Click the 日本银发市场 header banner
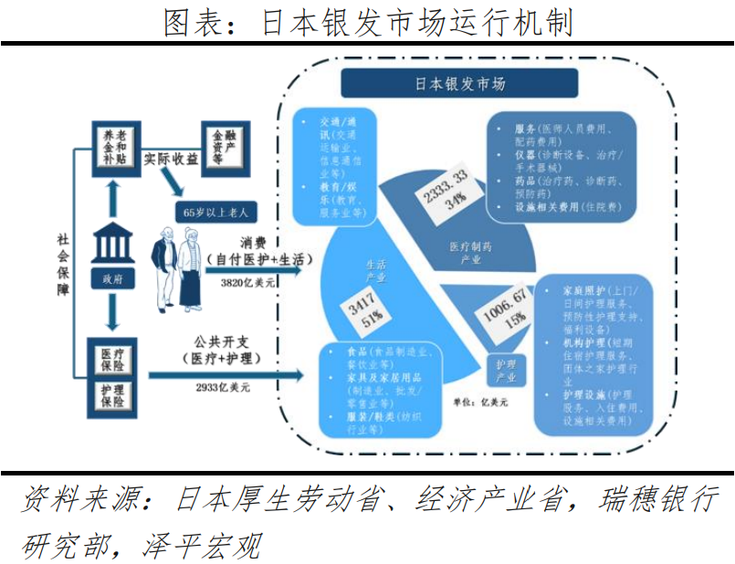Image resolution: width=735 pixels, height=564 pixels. coord(459,84)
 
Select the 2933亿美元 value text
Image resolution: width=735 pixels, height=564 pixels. coord(223,387)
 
